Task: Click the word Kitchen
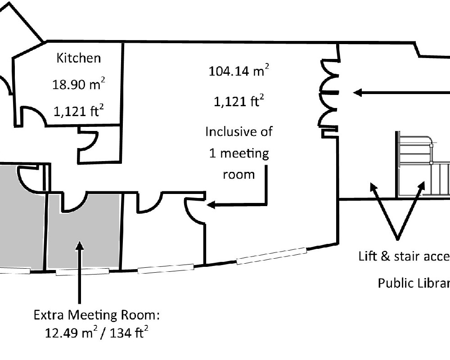point(79,58)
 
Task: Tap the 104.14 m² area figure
point(239,72)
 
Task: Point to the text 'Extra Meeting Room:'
point(97,315)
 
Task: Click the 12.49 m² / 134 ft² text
point(97,333)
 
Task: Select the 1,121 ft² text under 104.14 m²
point(238,102)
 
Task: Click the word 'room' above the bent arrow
point(238,174)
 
